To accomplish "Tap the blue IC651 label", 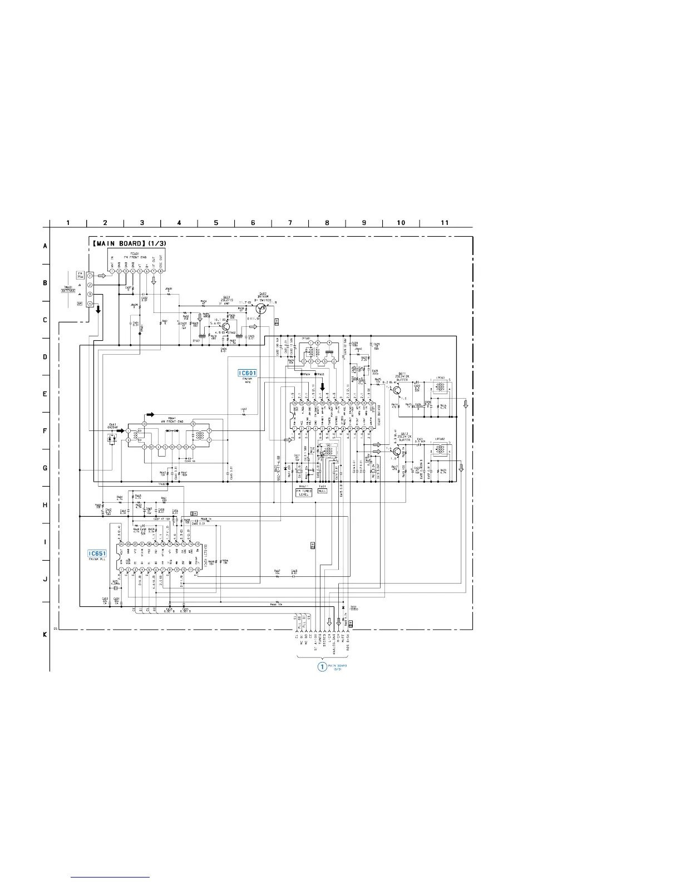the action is point(97,553).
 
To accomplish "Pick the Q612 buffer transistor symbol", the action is point(397,451).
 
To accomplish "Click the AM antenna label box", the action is point(80,303).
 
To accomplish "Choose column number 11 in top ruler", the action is point(445,223).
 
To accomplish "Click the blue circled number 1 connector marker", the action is point(322,667).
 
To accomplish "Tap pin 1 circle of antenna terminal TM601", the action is point(90,276).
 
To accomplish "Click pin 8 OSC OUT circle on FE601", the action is point(161,271).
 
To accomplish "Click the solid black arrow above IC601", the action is point(322,388).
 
